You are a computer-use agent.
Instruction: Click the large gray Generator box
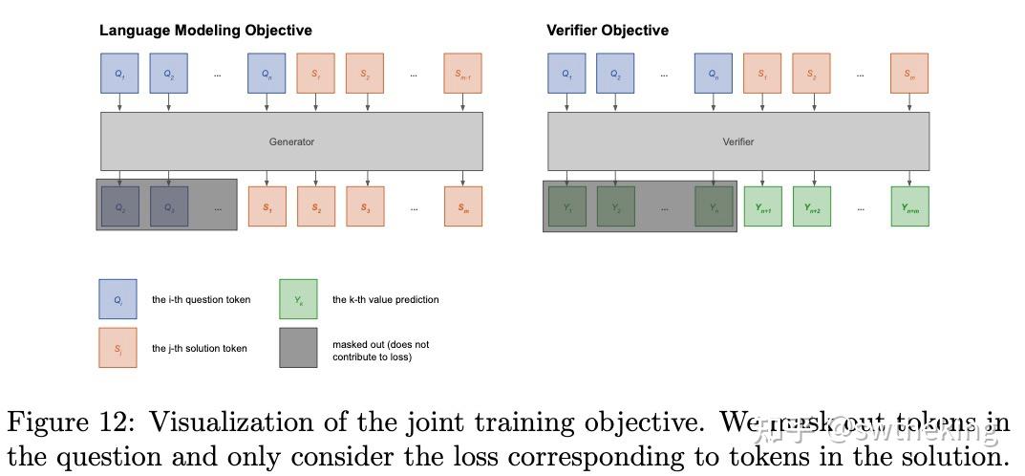pos(291,141)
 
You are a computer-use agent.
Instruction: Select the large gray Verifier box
pos(737,141)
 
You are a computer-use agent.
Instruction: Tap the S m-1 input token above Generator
pos(462,74)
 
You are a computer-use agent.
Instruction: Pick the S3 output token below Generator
pos(365,206)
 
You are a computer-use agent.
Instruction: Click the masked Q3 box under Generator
pos(168,206)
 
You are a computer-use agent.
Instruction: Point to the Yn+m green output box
pos(909,206)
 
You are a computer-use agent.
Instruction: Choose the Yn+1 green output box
pos(762,206)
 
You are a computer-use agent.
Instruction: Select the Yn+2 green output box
pos(812,206)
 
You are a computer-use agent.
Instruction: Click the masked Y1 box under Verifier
pos(566,206)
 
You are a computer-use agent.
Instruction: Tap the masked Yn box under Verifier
pos(714,206)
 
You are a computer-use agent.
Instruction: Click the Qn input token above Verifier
pos(714,74)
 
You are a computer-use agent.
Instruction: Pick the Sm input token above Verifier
pos(909,74)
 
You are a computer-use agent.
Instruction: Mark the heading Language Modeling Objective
pos(205,31)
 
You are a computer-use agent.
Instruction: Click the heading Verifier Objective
pos(607,31)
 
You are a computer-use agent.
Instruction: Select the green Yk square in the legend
pos(298,299)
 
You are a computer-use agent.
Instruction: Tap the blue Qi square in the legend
pos(117,299)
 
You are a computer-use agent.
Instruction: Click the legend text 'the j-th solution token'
pos(199,349)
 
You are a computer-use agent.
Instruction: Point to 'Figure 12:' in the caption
pos(67,422)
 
